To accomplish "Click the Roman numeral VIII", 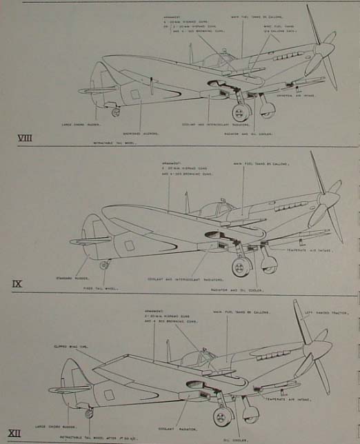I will (x=25, y=139).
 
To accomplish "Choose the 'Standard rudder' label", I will (x=71, y=279).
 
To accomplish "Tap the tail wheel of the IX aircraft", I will (x=104, y=265).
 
